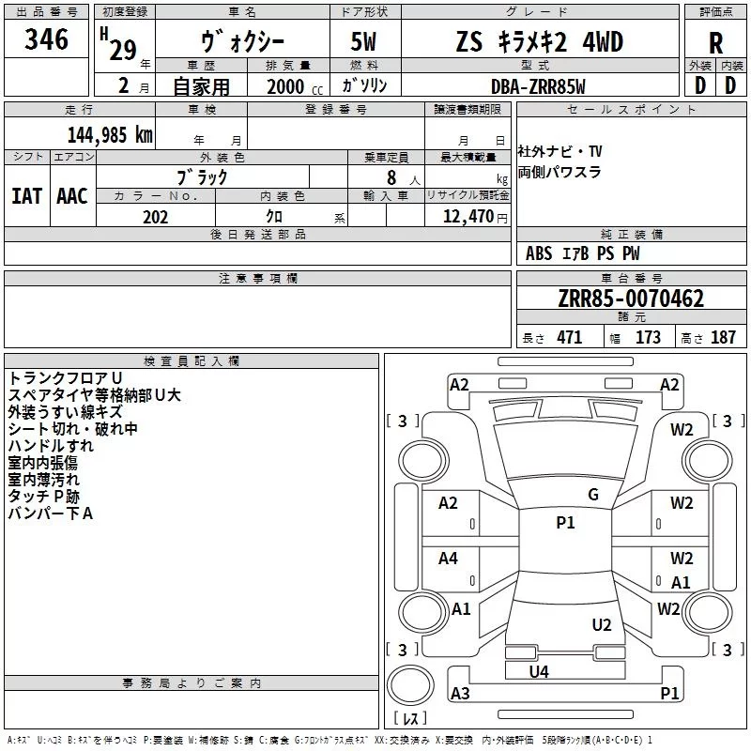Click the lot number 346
click(47, 39)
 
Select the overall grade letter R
click(715, 43)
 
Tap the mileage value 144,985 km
click(110, 134)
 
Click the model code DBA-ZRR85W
click(538, 86)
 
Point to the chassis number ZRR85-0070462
click(631, 299)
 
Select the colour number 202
click(155, 217)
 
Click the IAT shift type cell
click(26, 196)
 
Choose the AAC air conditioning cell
click(71, 196)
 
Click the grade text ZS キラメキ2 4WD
click(539, 43)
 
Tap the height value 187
click(723, 338)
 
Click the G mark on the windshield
click(593, 495)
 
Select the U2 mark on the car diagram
click(602, 625)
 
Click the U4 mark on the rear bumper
click(539, 671)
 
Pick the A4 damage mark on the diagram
click(449, 559)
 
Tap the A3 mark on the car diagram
click(460, 693)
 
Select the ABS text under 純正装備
click(539, 253)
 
